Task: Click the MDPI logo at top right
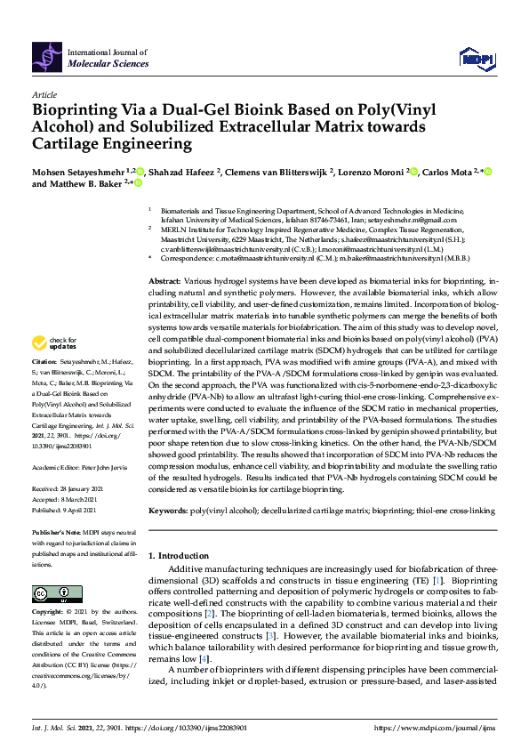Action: pyautogui.click(x=475, y=58)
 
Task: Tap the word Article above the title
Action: pyautogui.click(x=44, y=93)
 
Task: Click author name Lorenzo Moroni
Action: pyautogui.click(x=370, y=171)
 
